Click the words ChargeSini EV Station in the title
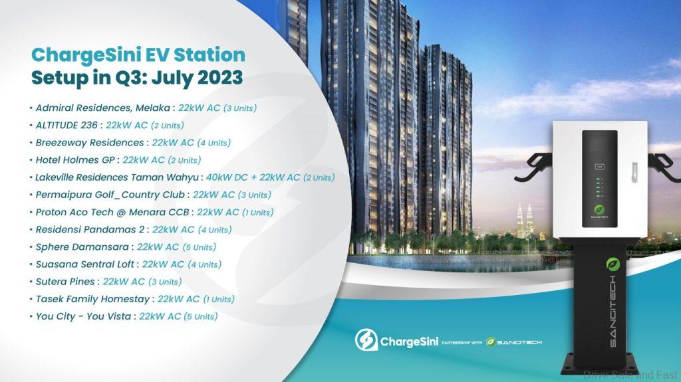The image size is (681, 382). [x=138, y=54]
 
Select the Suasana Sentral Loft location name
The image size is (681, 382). [x=84, y=264]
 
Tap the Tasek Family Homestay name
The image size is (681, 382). [x=90, y=299]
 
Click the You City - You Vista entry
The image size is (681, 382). [x=80, y=316]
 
